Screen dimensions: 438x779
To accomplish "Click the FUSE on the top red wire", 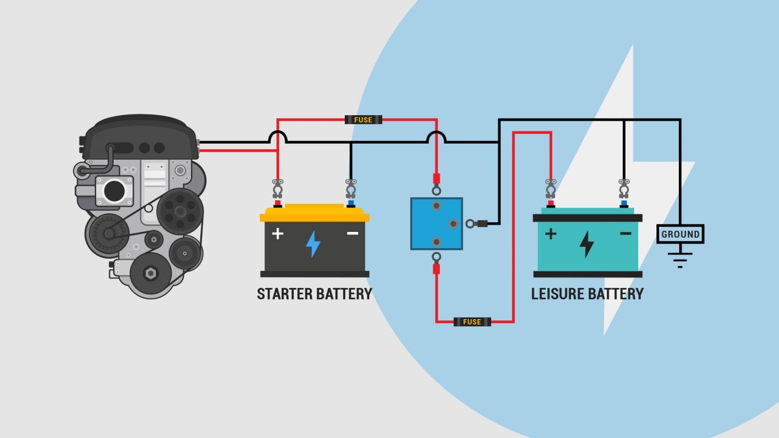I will (x=363, y=120).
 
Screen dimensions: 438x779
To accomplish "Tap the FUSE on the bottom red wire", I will (x=472, y=322).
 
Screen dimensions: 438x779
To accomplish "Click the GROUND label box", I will (x=680, y=234).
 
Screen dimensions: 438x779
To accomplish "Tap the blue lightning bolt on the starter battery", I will (x=313, y=244).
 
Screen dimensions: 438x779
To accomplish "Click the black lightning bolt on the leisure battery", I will (x=587, y=244).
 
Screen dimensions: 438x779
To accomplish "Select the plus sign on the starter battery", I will (x=278, y=234).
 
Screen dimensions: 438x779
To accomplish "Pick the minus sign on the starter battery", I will (x=353, y=234).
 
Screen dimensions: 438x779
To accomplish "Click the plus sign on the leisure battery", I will (x=550, y=234).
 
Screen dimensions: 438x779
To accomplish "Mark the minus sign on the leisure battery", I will (x=625, y=234).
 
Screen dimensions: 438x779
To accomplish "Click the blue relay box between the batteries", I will (x=436, y=224).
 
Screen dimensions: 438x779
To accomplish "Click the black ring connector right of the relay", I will (x=471, y=224).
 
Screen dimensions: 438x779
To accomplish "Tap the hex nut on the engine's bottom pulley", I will (x=151, y=273).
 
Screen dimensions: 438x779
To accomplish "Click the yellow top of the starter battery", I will (x=314, y=213).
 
